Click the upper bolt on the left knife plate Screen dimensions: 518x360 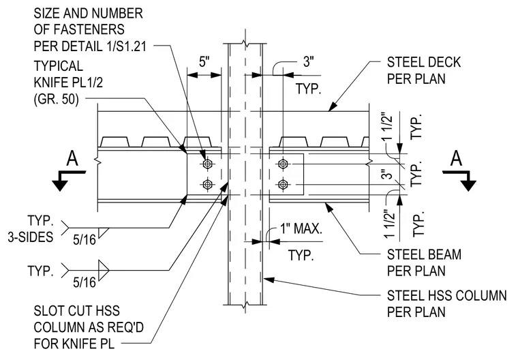tap(207, 164)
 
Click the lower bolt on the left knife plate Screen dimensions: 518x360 tap(207, 185)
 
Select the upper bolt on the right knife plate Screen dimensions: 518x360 tap(283, 164)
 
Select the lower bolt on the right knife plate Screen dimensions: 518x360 tap(283, 185)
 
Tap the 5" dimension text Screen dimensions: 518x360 tap(204, 62)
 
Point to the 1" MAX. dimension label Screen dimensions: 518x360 tap(301, 228)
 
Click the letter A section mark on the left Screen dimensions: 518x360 tap(73, 158)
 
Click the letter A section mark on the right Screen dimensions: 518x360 tap(457, 158)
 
